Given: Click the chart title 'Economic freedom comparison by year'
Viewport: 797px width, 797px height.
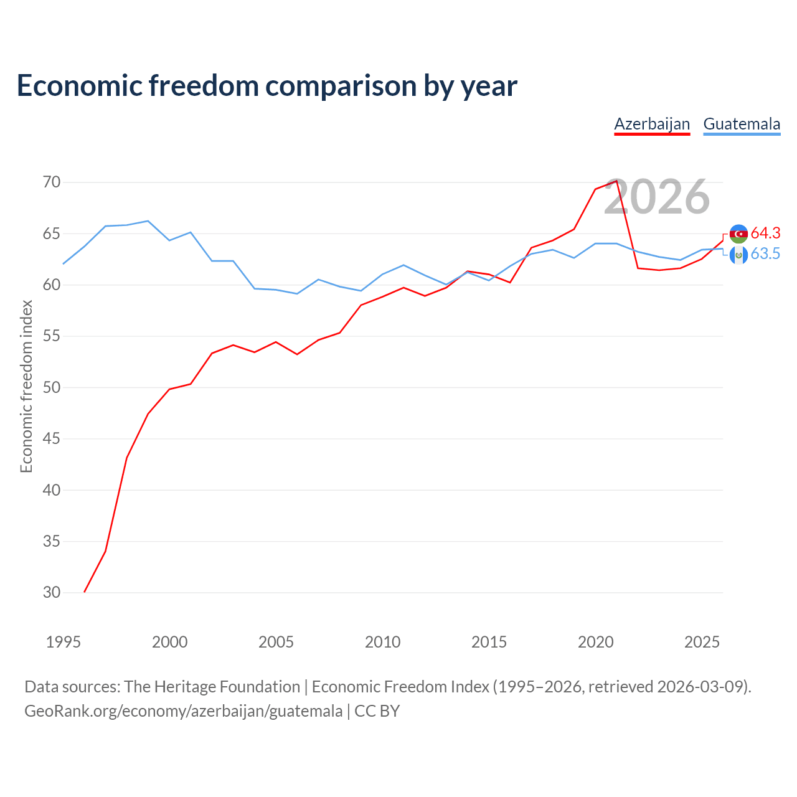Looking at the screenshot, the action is click(266, 86).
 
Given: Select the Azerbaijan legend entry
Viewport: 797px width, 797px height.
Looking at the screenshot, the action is click(652, 124).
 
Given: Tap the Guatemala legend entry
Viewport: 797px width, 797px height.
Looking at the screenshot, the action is click(742, 124).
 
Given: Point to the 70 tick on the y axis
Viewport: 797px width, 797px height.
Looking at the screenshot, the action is click(52, 182).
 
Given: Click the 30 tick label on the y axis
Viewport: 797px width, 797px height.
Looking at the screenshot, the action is click(52, 592).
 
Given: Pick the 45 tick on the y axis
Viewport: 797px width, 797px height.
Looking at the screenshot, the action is click(52, 438).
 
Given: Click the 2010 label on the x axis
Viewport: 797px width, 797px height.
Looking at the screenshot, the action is click(382, 642).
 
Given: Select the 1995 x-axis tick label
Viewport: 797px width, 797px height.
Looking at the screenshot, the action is click(64, 642).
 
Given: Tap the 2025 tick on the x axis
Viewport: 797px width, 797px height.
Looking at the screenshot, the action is click(702, 642).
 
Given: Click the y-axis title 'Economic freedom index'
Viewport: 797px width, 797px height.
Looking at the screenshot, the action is click(27, 386).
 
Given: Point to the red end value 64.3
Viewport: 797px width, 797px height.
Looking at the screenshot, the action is click(766, 233).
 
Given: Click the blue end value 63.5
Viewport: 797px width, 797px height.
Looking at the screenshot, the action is click(766, 253).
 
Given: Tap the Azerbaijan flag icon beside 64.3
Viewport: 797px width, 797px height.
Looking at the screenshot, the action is click(738, 233).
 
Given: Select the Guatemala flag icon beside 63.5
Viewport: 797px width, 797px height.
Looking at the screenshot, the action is click(738, 255).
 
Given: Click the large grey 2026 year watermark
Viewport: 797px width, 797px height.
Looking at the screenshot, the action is click(657, 197).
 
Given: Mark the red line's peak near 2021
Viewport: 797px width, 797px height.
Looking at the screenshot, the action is click(616, 181).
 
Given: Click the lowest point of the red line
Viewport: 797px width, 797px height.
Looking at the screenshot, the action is click(85, 592).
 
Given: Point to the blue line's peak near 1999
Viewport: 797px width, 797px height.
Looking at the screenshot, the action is click(148, 221).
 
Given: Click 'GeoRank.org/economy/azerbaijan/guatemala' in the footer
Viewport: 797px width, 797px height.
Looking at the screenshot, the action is click(184, 711).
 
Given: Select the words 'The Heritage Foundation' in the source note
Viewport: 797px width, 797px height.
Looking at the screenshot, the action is click(212, 687).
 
